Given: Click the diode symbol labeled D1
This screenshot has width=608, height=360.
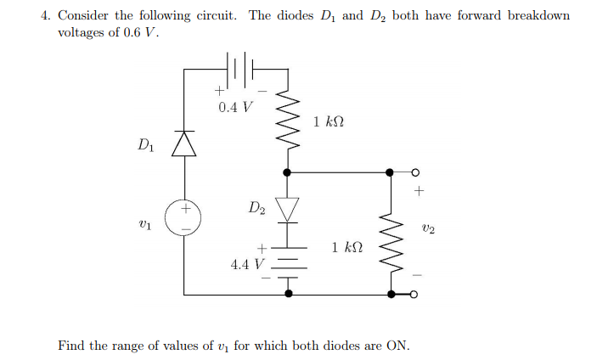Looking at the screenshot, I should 184,144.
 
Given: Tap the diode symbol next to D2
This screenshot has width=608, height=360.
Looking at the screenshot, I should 289,207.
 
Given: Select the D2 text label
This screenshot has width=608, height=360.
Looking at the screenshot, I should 257,206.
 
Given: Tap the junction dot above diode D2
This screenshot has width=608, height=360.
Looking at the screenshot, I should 289,172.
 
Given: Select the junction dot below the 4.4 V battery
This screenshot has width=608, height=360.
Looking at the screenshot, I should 289,294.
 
